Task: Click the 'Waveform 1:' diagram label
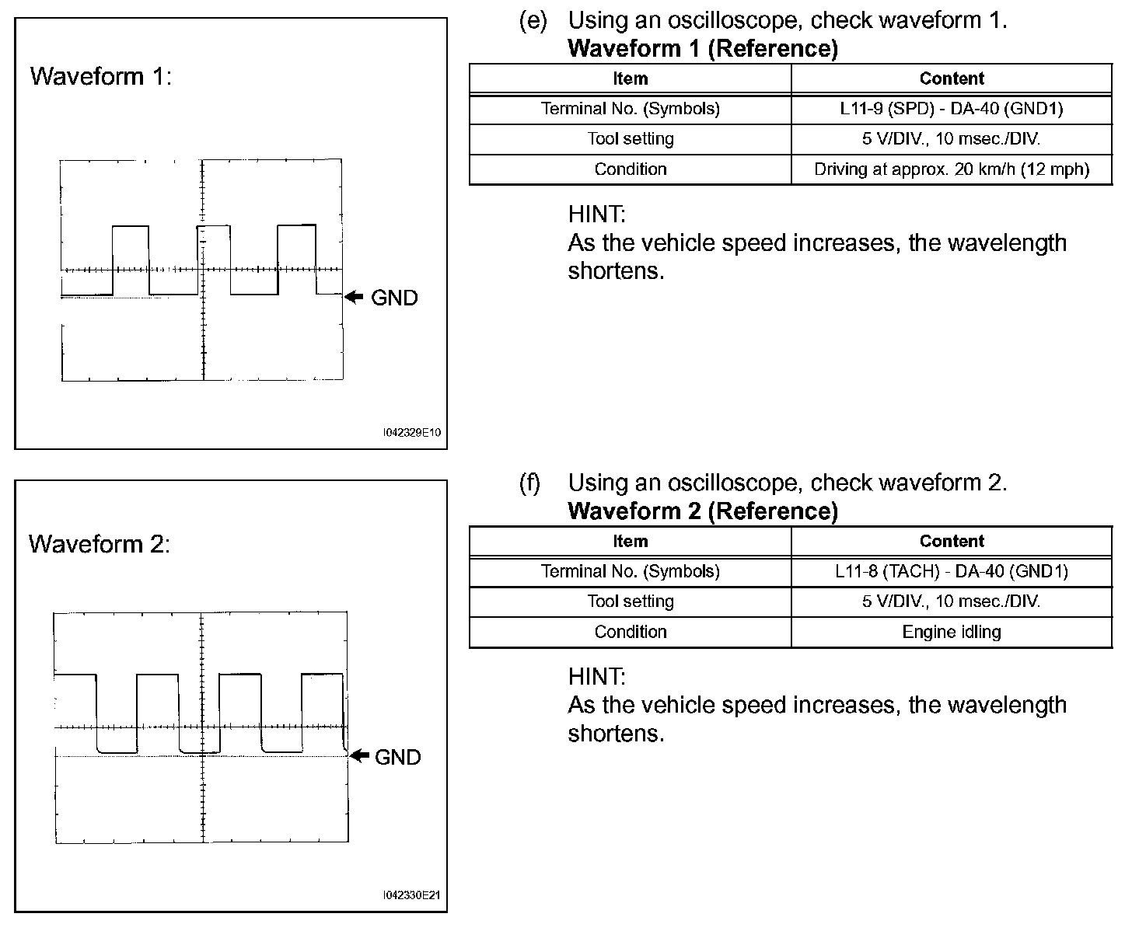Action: click(100, 76)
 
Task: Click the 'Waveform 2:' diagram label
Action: click(99, 544)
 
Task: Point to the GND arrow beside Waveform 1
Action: click(355, 297)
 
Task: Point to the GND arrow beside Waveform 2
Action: click(358, 755)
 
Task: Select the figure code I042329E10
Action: click(412, 432)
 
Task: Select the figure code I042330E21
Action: click(412, 895)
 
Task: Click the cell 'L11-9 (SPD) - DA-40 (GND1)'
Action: click(951, 109)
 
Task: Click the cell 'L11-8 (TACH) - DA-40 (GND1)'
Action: click(951, 572)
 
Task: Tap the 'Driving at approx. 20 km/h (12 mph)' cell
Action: click(951, 169)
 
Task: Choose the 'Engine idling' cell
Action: click(951, 632)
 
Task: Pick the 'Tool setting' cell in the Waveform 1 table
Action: click(630, 139)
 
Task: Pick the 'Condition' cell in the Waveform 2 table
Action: click(630, 632)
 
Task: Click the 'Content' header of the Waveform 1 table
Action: click(951, 78)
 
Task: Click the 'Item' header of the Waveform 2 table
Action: click(630, 542)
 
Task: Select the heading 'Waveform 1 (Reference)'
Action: click(703, 49)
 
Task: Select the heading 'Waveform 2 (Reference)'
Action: click(703, 511)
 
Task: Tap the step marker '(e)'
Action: click(533, 21)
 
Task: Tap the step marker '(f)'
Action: click(529, 483)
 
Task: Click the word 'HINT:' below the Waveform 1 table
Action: click(596, 214)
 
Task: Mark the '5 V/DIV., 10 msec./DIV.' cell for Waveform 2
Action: click(951, 601)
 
